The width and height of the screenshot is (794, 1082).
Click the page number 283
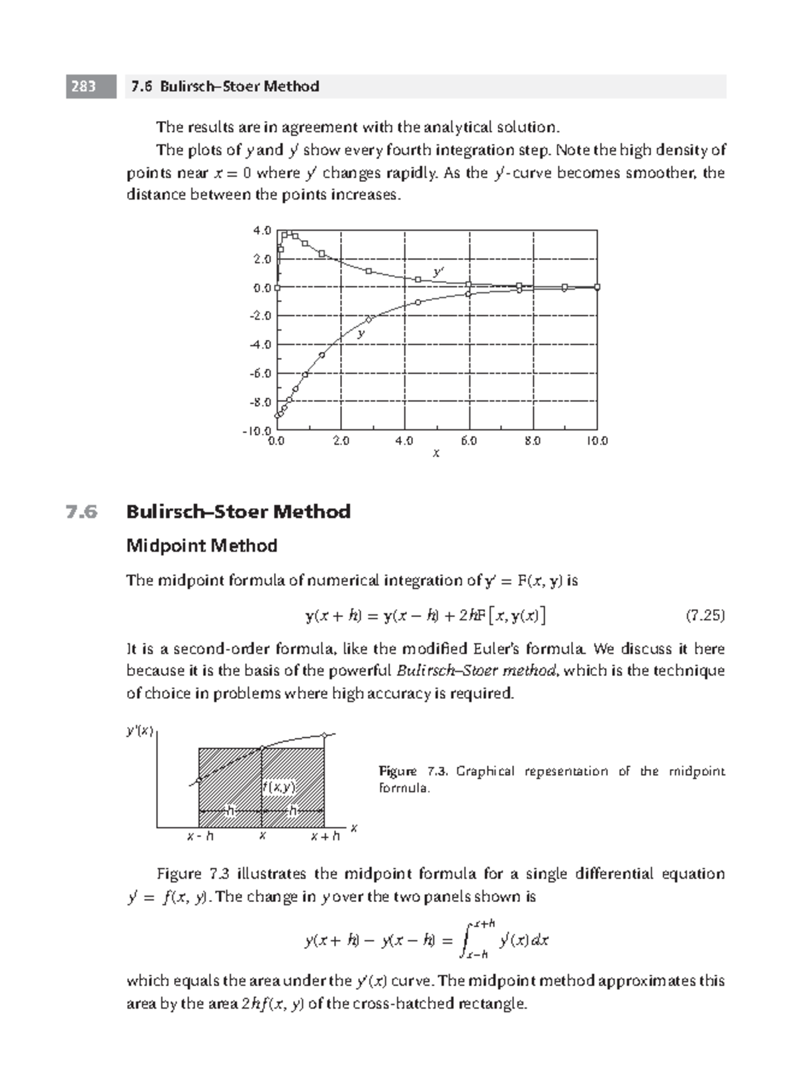(83, 87)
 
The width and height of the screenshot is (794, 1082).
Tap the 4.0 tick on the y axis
(262, 231)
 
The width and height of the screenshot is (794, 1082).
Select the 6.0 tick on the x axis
(468, 440)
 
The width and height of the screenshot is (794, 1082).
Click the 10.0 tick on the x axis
(596, 440)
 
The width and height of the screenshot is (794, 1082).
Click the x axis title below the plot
(436, 454)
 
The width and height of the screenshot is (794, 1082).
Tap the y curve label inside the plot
(361, 334)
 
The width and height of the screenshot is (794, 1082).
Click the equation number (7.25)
(705, 616)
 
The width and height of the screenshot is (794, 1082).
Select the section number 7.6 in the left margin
(81, 512)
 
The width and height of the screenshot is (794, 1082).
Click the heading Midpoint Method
(201, 546)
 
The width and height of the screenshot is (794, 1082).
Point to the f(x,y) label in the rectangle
(279, 787)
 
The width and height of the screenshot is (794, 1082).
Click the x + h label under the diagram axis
(326, 837)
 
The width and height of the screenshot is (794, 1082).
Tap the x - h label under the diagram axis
(200, 837)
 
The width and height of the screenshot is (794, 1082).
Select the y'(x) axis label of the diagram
(140, 731)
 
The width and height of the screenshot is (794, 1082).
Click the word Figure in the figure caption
(398, 771)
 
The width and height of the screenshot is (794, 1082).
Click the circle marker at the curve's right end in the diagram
(324, 735)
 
